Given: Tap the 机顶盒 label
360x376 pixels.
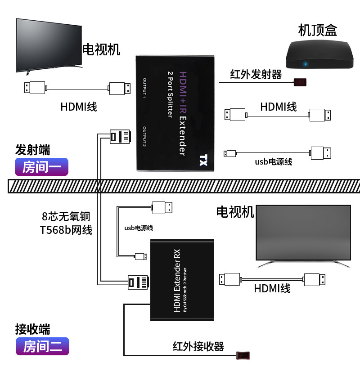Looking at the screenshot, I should [318, 30].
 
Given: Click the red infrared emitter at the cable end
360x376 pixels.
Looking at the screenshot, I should [301, 83].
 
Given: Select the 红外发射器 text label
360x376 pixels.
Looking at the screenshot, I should [256, 74].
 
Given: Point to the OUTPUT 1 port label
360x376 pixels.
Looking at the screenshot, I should [145, 88].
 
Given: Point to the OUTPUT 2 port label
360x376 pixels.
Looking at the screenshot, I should [145, 137].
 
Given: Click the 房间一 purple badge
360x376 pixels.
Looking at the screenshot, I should [41, 167].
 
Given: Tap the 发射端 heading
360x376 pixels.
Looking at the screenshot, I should [33, 149].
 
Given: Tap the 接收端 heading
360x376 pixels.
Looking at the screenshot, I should [32, 329].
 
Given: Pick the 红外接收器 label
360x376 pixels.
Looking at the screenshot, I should [198, 346].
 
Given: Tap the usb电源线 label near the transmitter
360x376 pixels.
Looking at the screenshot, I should [274, 162].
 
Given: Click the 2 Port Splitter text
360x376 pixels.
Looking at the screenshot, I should [170, 94].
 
